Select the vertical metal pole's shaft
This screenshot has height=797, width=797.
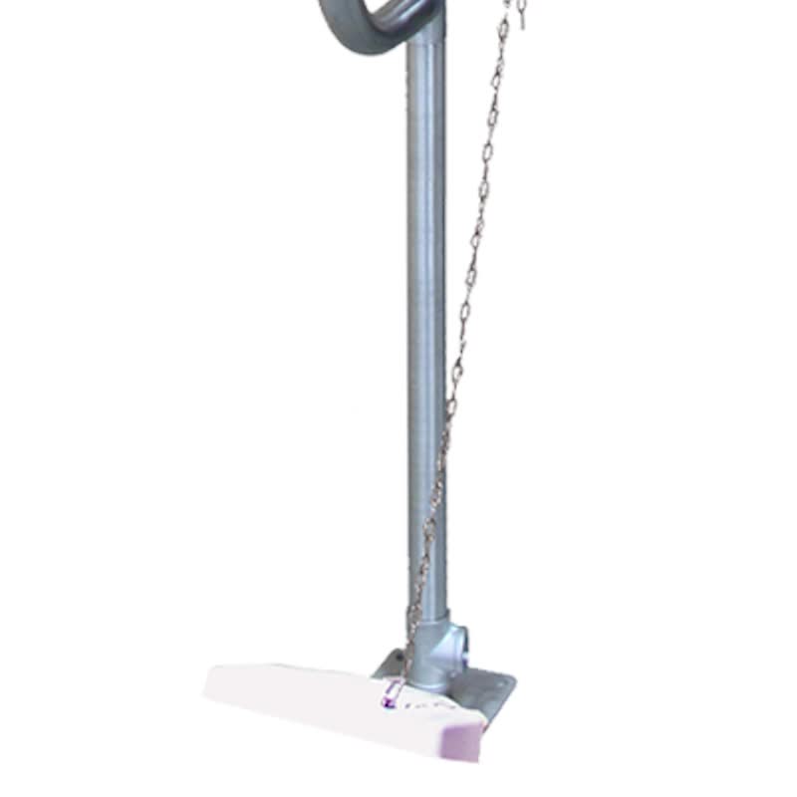[426, 299]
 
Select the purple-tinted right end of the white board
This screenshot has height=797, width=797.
[468, 737]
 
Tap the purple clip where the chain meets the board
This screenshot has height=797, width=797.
[391, 695]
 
